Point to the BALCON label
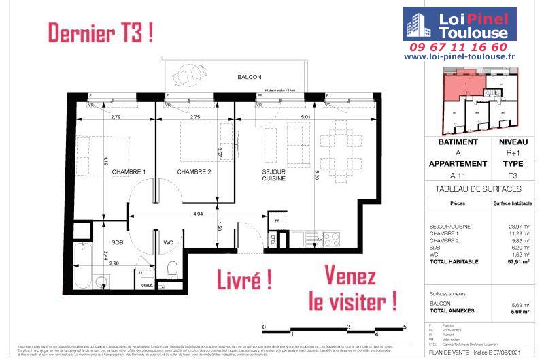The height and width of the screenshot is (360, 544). pyautogui.click(x=249, y=77)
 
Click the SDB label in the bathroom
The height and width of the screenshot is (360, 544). pyautogui.click(x=117, y=242)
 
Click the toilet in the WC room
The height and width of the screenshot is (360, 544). pyautogui.click(x=172, y=267)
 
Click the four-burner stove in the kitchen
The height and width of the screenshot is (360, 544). pyautogui.click(x=330, y=240)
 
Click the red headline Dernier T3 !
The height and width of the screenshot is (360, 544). pyautogui.click(x=99, y=32)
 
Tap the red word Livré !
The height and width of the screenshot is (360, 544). pyautogui.click(x=244, y=279)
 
